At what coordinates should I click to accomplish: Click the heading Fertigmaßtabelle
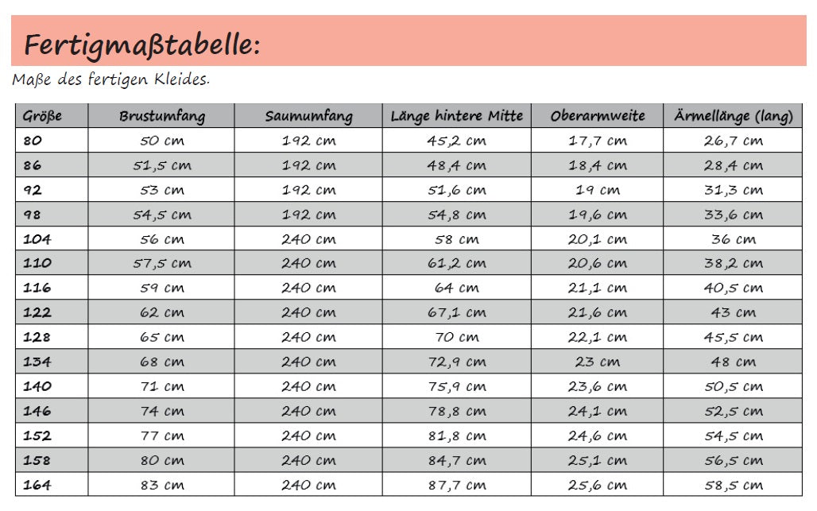(x=141, y=45)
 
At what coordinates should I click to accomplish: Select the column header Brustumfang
(x=162, y=116)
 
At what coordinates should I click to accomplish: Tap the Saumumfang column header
(x=308, y=116)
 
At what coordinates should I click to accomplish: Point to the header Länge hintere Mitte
(x=457, y=116)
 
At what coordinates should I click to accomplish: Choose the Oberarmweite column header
(x=598, y=116)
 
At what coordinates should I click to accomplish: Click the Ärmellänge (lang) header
(x=734, y=116)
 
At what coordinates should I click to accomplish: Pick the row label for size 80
(x=33, y=141)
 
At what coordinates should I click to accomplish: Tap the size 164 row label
(x=37, y=485)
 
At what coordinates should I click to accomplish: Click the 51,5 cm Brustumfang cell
(x=162, y=165)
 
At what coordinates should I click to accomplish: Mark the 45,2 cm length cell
(x=457, y=141)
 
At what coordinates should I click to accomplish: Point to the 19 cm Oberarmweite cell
(x=598, y=190)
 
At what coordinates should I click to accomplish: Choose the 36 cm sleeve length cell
(x=734, y=239)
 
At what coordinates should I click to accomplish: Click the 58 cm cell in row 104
(x=457, y=239)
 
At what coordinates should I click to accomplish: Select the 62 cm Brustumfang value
(x=162, y=312)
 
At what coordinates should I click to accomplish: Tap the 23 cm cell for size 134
(x=598, y=362)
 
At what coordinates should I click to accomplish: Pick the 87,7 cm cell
(x=457, y=485)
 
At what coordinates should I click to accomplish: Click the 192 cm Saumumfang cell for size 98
(x=308, y=215)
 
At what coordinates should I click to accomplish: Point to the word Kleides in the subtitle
(x=186, y=79)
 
